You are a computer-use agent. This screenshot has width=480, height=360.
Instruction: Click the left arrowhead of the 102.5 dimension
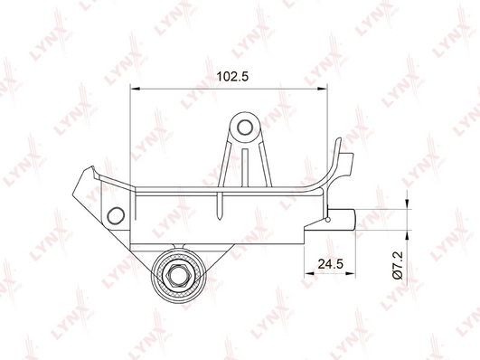click(136, 89)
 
